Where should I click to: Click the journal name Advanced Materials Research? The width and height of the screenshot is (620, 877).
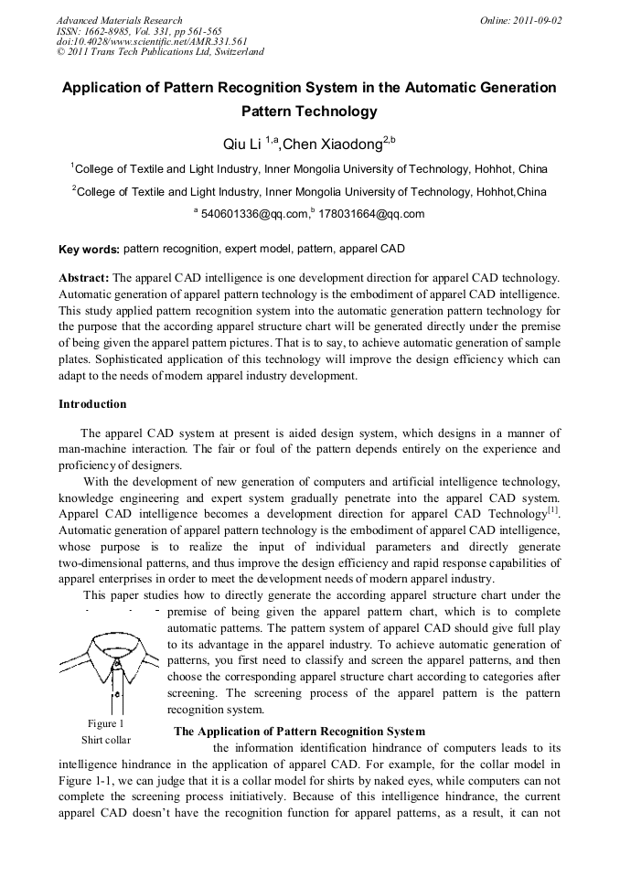coord(119,20)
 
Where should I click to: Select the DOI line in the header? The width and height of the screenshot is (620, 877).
coord(152,41)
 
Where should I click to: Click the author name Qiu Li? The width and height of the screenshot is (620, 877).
coord(242,145)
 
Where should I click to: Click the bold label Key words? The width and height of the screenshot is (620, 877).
coord(89,250)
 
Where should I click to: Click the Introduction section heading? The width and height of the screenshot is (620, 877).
coord(92,404)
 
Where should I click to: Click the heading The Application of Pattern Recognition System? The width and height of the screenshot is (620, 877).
coord(299,732)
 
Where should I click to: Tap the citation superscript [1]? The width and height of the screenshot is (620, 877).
coord(553,509)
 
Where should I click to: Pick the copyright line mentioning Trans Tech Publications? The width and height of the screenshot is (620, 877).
coord(160,52)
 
